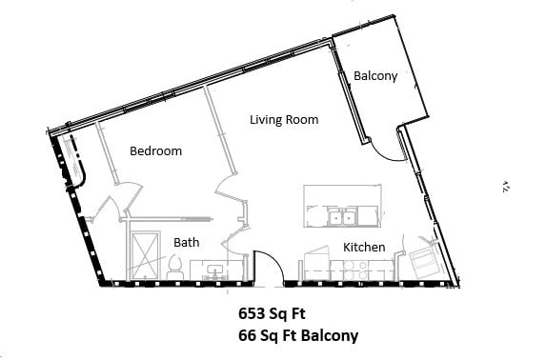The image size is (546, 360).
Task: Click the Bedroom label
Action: [x=155, y=151]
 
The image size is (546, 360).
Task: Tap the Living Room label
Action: [x=284, y=120]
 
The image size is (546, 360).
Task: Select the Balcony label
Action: [x=374, y=75]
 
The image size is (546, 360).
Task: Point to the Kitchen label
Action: [x=364, y=248]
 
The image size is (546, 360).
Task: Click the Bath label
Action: [x=186, y=243]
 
